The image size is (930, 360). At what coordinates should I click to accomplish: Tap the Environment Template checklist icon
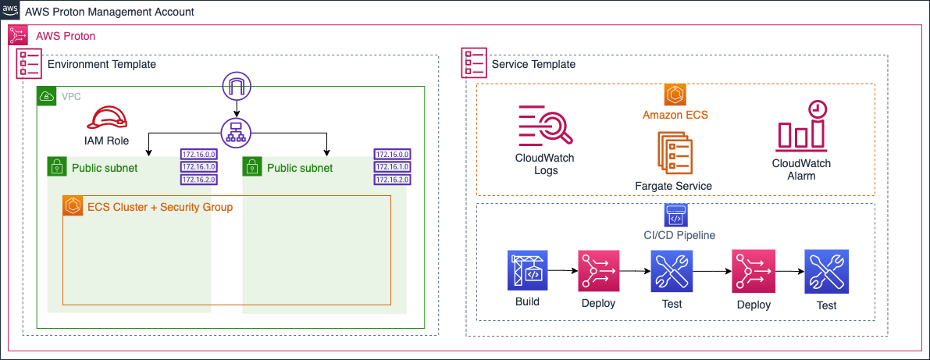(30, 64)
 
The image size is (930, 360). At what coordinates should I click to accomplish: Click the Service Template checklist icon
(473, 64)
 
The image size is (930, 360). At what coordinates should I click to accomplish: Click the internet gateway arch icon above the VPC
(235, 85)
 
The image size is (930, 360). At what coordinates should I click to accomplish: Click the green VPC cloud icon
(48, 96)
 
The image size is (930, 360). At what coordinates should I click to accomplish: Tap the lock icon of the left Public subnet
(57, 167)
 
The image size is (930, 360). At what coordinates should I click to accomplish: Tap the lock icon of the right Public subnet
(252, 167)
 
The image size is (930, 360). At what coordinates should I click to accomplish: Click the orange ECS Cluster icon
(73, 206)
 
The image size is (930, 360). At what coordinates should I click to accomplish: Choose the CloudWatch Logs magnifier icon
(545, 126)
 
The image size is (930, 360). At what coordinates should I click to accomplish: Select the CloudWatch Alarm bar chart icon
(801, 127)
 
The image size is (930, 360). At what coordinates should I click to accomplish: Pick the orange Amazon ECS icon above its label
(675, 95)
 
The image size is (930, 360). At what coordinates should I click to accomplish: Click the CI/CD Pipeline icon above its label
(675, 214)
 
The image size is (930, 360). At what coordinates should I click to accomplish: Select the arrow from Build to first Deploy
(562, 271)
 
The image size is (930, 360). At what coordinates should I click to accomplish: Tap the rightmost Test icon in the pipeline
(825, 272)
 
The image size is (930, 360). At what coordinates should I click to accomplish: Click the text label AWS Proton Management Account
(110, 12)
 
